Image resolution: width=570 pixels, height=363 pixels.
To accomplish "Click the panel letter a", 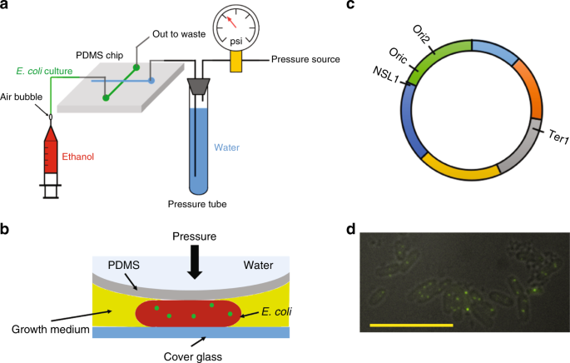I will [x=6, y=7].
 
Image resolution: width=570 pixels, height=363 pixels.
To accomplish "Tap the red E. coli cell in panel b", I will [x=191, y=315].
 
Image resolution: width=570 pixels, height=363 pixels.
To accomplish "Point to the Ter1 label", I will [x=556, y=133].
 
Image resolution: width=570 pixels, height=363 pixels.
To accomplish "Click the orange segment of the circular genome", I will [x=530, y=87].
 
